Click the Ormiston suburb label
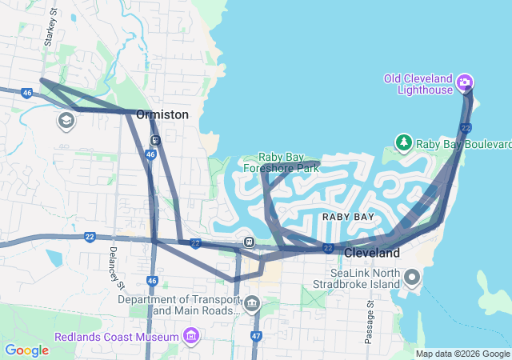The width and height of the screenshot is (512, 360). point(162,115)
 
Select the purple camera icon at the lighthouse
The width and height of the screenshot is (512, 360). point(465,82)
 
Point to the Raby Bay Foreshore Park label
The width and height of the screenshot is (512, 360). point(289,162)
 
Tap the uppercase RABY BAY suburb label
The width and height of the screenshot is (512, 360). point(348,217)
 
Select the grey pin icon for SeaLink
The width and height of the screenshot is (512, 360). point(413,278)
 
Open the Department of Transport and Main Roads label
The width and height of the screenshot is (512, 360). point(178,305)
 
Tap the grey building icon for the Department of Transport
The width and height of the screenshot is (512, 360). point(252,303)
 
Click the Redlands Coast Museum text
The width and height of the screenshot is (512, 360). point(117,336)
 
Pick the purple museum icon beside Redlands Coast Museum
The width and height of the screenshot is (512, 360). point(190,335)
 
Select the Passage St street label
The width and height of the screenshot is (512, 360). point(369,323)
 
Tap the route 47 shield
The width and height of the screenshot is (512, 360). point(256,336)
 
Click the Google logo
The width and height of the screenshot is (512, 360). point(26,350)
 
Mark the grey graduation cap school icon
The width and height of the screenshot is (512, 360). point(66,121)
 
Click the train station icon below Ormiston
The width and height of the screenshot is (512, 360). point(155,139)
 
